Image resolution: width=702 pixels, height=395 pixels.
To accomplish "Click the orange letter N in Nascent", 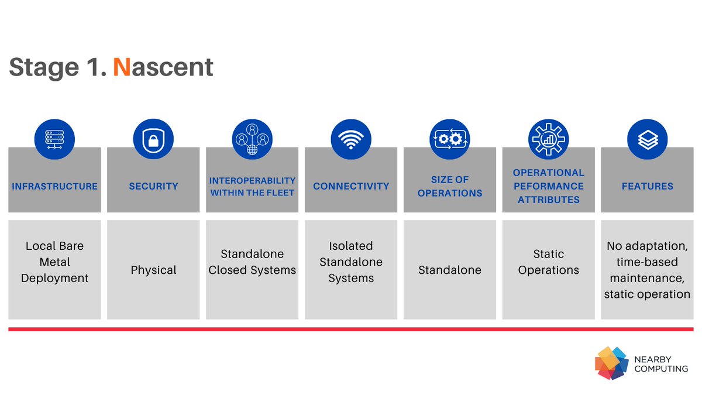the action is tap(122, 67).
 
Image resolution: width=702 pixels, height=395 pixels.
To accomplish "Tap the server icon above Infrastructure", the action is tap(54, 139).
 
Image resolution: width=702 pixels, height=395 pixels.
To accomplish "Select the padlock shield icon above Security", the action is tap(153, 139).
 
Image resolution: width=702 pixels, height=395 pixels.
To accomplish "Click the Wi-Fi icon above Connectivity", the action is tap(351, 139).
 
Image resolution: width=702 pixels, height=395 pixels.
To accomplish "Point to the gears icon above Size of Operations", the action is tap(449, 139).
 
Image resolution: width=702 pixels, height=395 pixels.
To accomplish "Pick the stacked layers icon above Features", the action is tap(647, 139).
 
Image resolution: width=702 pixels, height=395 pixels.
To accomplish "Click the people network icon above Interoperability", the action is tap(252, 139).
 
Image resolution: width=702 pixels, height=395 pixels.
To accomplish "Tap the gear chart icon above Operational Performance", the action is tap(548, 139).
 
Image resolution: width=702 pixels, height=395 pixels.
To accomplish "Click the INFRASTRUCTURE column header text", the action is tap(54, 186).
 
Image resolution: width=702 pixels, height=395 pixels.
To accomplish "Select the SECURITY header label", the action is tap(153, 186).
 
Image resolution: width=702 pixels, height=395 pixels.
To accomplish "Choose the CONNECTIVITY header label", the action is tap(351, 186).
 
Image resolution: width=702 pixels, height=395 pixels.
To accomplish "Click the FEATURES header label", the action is tap(647, 186).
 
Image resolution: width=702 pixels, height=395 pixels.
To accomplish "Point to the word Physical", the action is tap(153, 270).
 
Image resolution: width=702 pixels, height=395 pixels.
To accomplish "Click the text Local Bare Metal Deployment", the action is tap(54, 262).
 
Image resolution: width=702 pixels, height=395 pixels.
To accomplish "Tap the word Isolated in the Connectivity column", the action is tap(351, 246).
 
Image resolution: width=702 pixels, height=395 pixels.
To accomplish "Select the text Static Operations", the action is tap(548, 262).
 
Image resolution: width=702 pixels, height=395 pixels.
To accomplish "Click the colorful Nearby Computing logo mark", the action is tap(611, 363).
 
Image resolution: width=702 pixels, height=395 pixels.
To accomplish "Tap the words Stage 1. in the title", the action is tap(57, 67).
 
